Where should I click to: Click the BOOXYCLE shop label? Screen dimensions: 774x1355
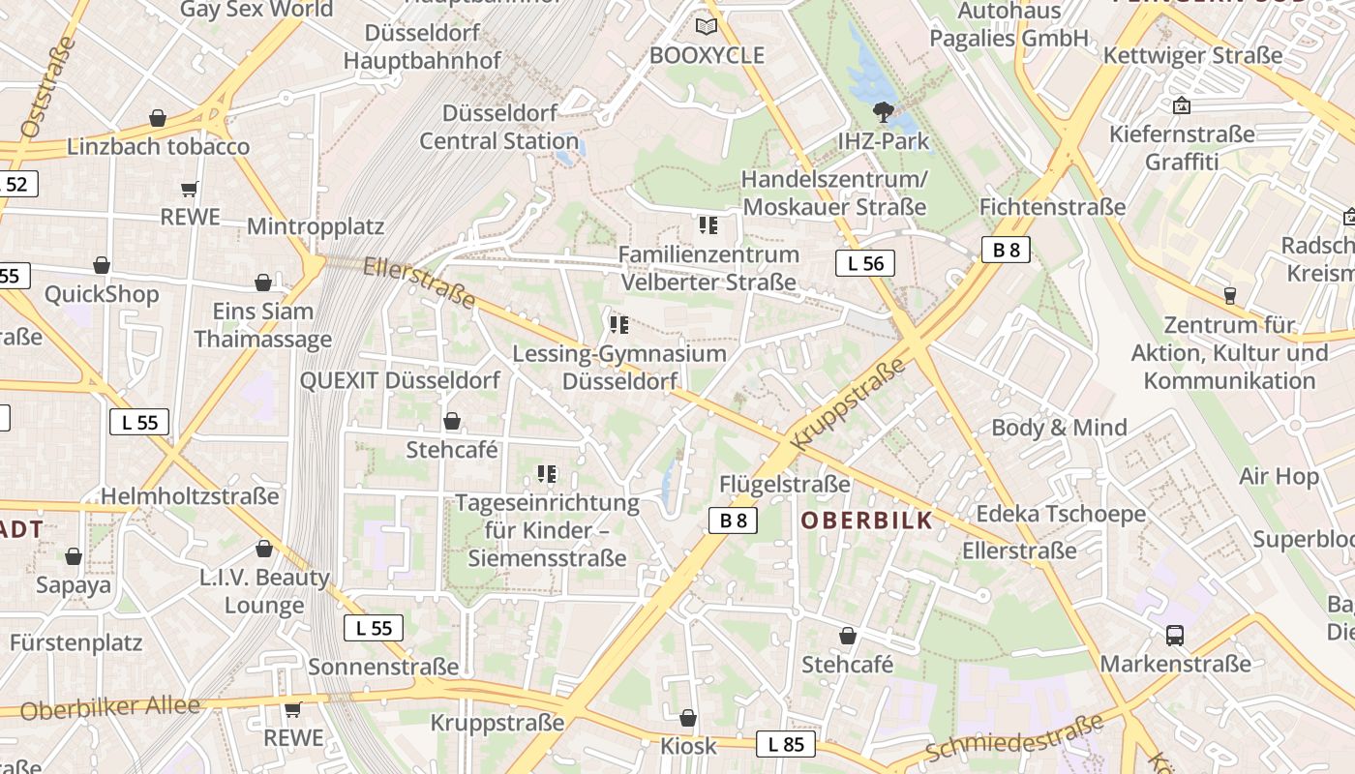point(707,55)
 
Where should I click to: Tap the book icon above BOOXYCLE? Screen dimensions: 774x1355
point(708,26)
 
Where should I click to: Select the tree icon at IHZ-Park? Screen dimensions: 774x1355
point(883,112)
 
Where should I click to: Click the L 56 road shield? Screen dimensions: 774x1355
point(865,263)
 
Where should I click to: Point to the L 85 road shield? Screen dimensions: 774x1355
point(785,744)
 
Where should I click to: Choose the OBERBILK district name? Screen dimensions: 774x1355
point(867,521)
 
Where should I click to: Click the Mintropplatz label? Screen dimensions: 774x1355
point(316,226)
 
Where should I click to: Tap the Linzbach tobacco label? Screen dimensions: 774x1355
point(158,147)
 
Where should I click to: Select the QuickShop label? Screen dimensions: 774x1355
point(102,294)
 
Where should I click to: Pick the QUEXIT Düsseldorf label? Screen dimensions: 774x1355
point(400,380)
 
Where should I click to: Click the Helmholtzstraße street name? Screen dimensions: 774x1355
point(190,496)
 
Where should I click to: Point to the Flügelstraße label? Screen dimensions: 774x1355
point(785,484)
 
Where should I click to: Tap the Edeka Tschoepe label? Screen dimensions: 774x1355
point(1061,514)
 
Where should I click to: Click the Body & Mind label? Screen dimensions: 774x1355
point(1059,428)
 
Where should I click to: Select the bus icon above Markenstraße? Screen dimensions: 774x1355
point(1175,636)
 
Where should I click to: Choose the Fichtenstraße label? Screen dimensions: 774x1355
point(1052,207)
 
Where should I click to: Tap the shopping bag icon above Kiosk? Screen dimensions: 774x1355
point(688,718)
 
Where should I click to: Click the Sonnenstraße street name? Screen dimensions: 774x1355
point(383,667)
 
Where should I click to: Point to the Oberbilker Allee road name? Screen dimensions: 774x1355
point(109,708)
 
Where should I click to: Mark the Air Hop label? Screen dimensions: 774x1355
point(1279,476)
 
